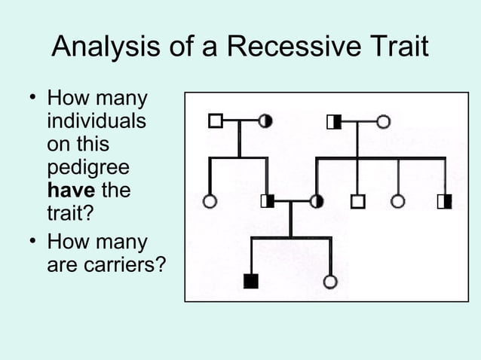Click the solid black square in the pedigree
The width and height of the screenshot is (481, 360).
tap(251, 282)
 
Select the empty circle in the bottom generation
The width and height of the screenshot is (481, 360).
tap(329, 282)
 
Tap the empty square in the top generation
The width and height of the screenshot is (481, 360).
tap(215, 121)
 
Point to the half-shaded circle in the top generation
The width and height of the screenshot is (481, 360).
tap(265, 121)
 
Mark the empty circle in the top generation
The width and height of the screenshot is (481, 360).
tap(383, 121)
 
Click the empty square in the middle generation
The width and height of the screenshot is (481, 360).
tap(357, 201)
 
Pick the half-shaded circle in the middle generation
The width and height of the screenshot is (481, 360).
tap(317, 201)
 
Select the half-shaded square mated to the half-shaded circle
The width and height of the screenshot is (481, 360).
tap(267, 201)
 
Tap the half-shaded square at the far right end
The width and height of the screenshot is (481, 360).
tap(444, 201)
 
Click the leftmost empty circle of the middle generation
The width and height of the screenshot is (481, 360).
tap(210, 201)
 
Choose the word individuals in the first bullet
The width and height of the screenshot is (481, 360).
tap(97, 121)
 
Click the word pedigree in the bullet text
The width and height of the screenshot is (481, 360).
tap(87, 168)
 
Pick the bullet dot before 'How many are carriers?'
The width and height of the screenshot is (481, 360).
tap(32, 243)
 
